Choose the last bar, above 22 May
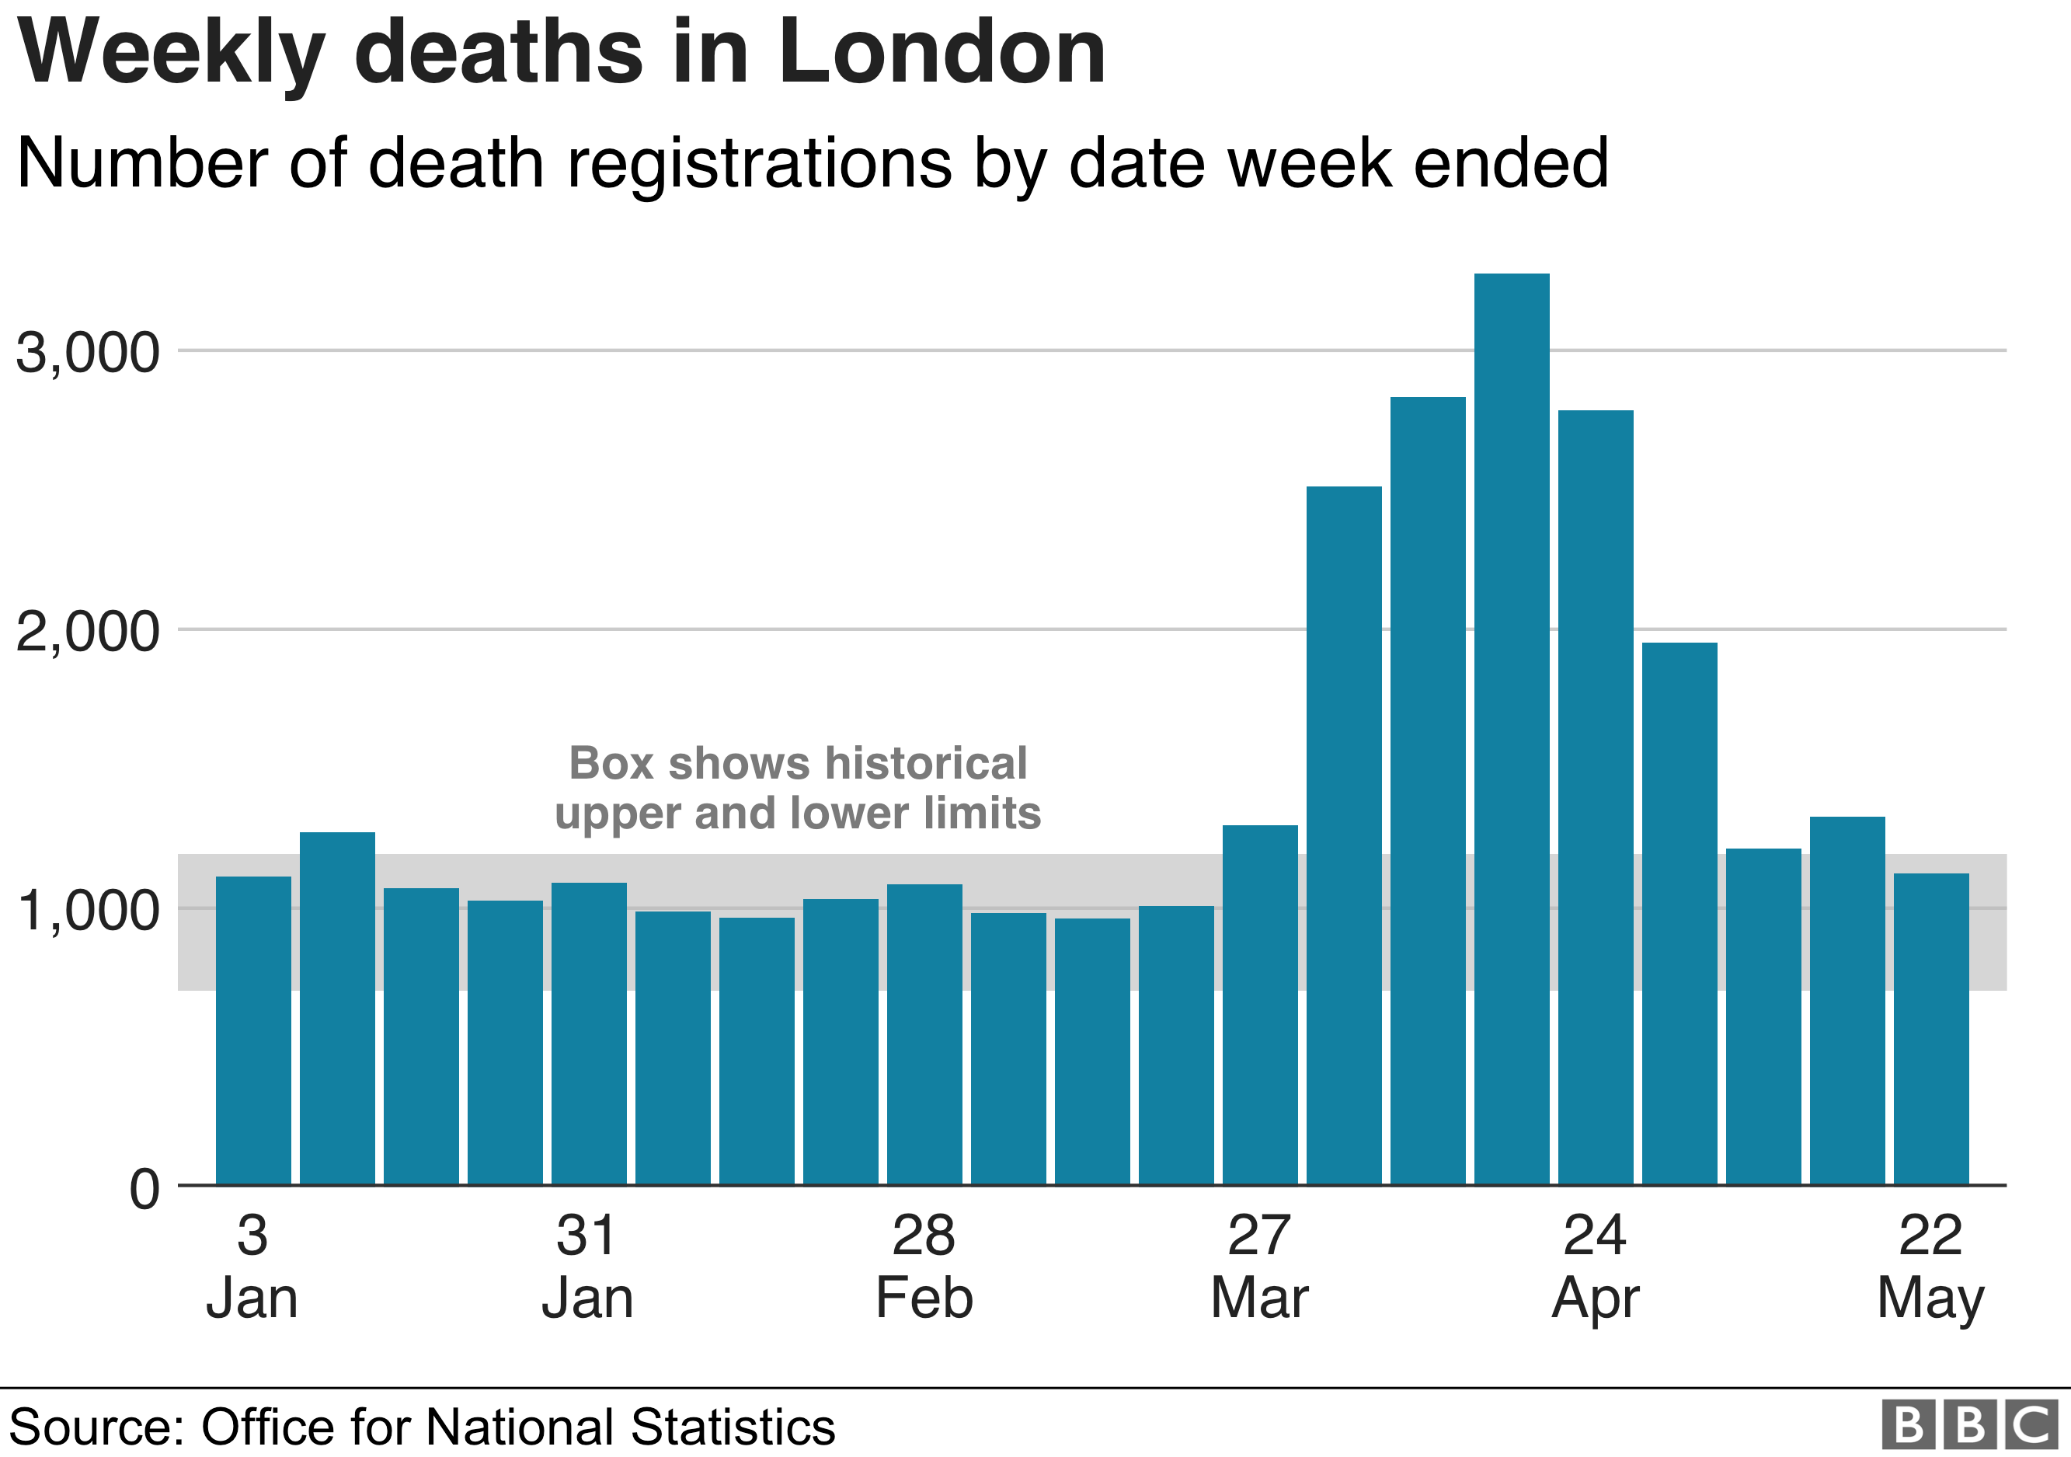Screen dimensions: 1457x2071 1931,1029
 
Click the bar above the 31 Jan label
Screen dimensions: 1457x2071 589,1033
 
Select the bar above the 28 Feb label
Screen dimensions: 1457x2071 924,1033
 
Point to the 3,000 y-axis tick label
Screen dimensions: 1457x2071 88,353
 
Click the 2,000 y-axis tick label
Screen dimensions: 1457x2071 88,632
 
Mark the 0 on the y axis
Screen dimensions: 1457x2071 144,1189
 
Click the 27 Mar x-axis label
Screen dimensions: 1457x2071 1260,1267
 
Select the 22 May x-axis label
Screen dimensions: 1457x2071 1931,1267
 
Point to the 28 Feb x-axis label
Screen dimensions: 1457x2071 924,1267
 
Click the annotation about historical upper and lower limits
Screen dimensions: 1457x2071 797,788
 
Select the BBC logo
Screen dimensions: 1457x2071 1970,1425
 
